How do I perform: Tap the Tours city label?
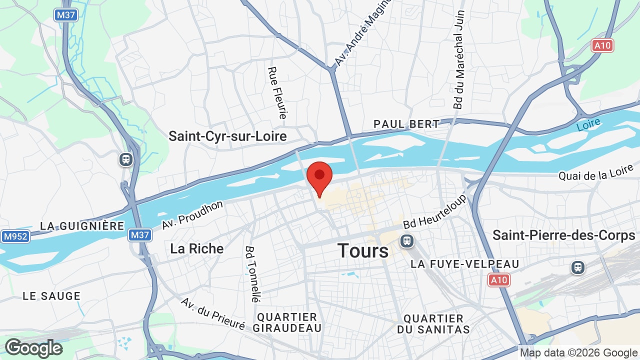pyautogui.click(x=363, y=250)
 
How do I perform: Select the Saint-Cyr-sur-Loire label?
pyautogui.click(x=227, y=136)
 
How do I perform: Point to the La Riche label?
pyautogui.click(x=197, y=248)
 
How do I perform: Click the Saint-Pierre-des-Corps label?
pyautogui.click(x=564, y=235)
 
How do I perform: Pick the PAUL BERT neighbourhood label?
pyautogui.click(x=406, y=124)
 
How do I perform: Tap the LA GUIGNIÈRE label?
pyautogui.click(x=82, y=226)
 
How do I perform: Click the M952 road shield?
pyautogui.click(x=15, y=236)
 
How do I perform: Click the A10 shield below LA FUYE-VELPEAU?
pyautogui.click(x=499, y=280)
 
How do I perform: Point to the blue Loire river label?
pyautogui.click(x=588, y=125)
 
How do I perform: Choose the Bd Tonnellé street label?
pyautogui.click(x=253, y=274)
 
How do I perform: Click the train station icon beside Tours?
pyautogui.click(x=407, y=241)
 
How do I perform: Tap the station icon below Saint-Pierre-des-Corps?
pyautogui.click(x=578, y=267)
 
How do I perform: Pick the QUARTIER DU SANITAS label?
pyautogui.click(x=433, y=324)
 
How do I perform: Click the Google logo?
pyautogui.click(x=33, y=348)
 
